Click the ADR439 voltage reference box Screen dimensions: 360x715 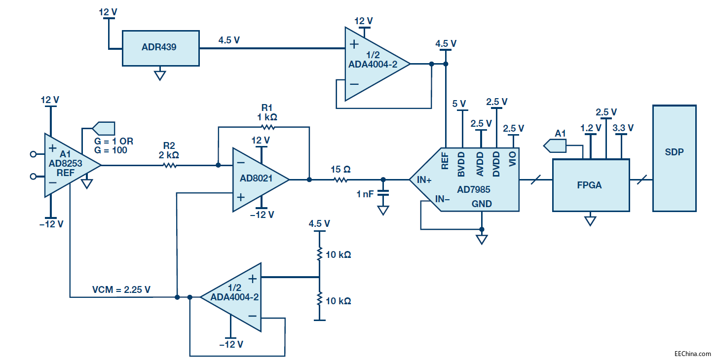(x=161, y=48)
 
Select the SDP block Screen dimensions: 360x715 (x=674, y=158)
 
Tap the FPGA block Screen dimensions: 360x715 (x=591, y=185)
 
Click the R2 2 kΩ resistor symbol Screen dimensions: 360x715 (x=169, y=165)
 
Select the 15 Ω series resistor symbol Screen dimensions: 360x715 (x=340, y=180)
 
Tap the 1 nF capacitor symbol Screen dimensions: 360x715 (x=383, y=194)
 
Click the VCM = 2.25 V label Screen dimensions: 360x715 (x=121, y=290)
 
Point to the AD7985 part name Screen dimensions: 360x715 (x=474, y=189)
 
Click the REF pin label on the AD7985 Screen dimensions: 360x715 (x=445, y=161)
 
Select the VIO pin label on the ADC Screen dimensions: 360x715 (x=513, y=161)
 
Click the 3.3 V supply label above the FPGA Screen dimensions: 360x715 (x=623, y=128)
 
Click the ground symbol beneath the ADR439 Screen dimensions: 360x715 (x=159, y=75)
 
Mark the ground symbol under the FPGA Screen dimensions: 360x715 (x=590, y=220)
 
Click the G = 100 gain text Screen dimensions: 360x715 (x=112, y=150)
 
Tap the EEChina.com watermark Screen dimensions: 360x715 (x=693, y=354)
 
